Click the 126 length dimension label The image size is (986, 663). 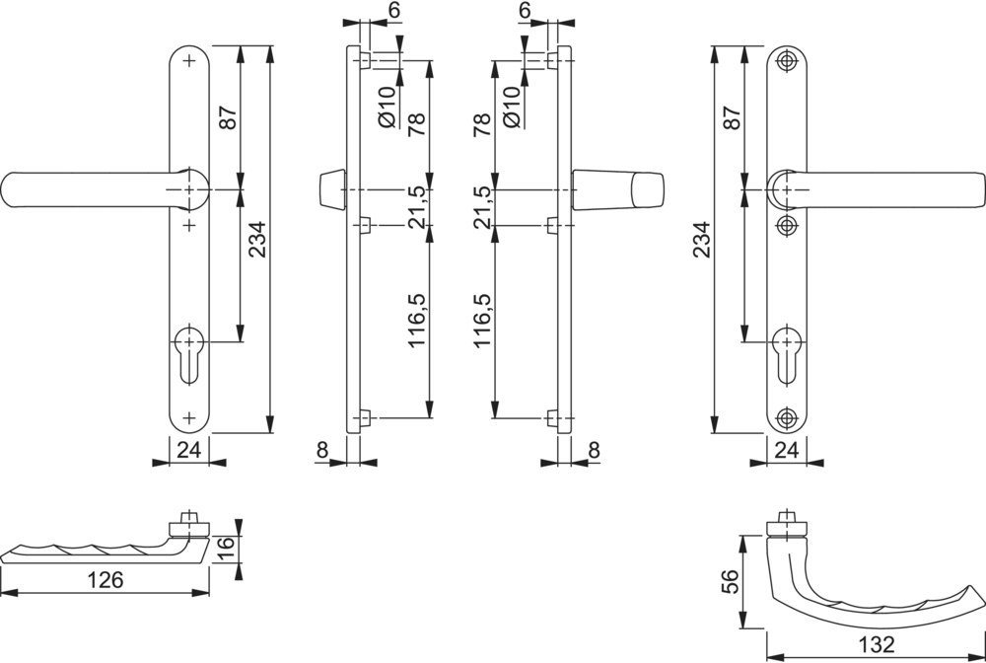(x=105, y=580)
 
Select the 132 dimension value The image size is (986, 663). (x=876, y=645)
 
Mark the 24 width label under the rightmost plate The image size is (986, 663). (x=787, y=451)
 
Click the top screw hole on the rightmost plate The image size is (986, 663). (x=786, y=62)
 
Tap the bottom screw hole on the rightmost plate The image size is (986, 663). (x=786, y=416)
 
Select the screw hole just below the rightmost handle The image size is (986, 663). (x=786, y=226)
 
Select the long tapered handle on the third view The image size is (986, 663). (x=617, y=189)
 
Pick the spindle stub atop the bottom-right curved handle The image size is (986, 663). (x=785, y=522)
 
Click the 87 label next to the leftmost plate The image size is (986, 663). (x=228, y=118)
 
